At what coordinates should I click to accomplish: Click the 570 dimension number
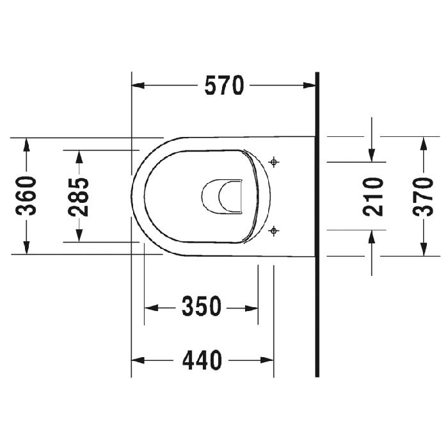(x=224, y=85)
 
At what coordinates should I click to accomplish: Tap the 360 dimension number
(x=26, y=196)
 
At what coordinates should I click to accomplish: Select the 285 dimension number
(x=79, y=196)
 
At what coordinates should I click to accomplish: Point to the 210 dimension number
(x=373, y=196)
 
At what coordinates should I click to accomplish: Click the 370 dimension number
(x=423, y=196)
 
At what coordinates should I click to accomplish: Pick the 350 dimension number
(x=202, y=307)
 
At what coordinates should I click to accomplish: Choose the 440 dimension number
(x=202, y=360)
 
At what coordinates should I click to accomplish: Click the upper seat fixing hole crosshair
(x=274, y=163)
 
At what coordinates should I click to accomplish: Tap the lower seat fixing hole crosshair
(x=274, y=230)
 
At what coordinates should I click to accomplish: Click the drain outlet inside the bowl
(x=222, y=196)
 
